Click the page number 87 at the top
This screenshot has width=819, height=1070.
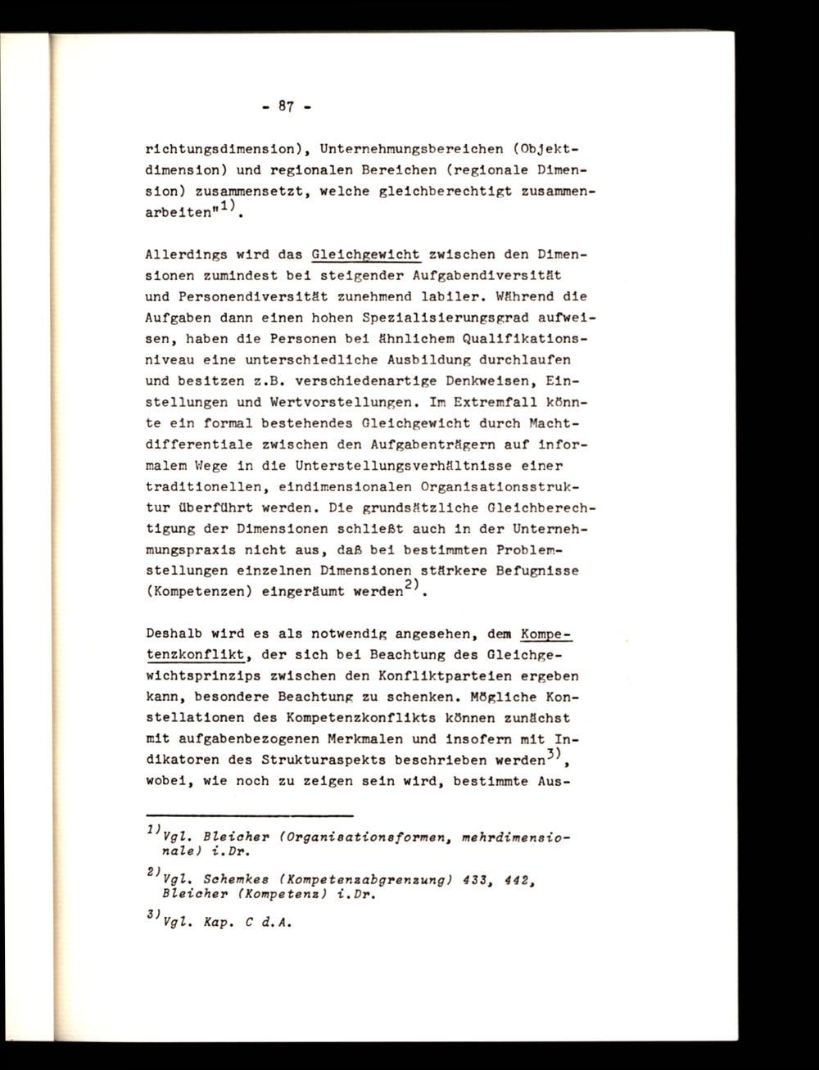(x=286, y=106)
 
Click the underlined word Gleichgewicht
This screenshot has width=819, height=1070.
(x=361, y=254)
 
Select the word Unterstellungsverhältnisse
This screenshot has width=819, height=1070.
(x=405, y=466)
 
